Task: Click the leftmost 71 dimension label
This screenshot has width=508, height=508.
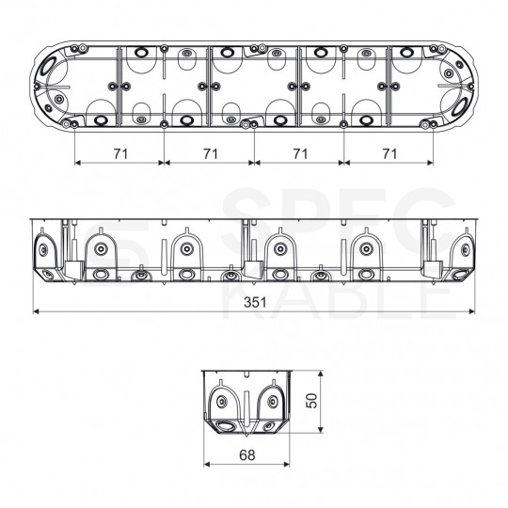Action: coord(120,153)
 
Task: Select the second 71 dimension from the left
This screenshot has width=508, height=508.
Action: coord(211,153)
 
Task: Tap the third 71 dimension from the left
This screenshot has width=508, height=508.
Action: coord(300,153)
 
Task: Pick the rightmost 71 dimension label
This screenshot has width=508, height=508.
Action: coord(389,153)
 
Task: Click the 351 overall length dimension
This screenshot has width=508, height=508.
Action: coord(255,302)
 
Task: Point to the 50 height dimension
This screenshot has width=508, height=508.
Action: coord(311,401)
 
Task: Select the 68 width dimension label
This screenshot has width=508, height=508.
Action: coord(246,455)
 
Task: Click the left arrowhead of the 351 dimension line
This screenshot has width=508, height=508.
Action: coord(36,311)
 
